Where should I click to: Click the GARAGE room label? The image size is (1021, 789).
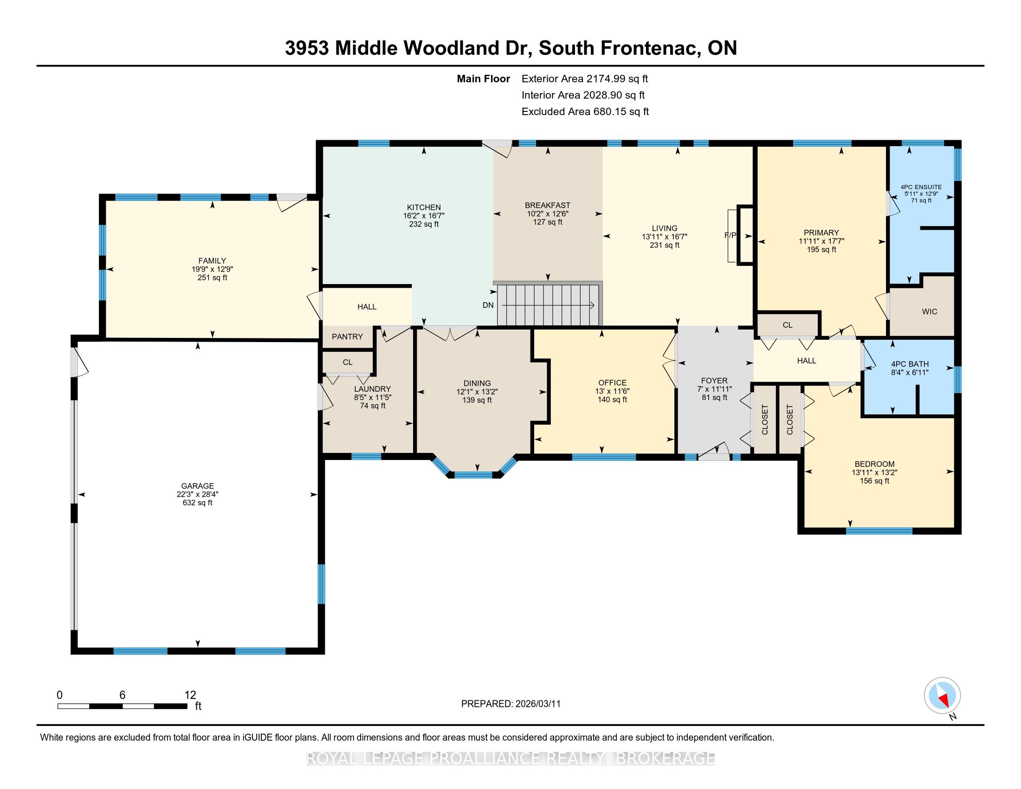(198, 485)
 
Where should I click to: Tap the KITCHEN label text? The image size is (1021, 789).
(424, 207)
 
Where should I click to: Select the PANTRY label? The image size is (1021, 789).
(347, 336)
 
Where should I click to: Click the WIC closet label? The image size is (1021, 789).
(930, 311)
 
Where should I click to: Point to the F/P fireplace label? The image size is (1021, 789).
(730, 235)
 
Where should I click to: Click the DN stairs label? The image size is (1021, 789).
(488, 305)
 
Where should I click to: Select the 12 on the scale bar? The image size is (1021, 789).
(190, 695)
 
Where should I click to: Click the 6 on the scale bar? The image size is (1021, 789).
(122, 695)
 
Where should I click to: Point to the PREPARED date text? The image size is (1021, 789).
(510, 704)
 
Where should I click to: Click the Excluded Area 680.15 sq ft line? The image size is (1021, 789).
(585, 111)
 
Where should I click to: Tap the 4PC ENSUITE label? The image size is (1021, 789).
(921, 187)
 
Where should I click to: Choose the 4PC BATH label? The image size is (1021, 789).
(910, 364)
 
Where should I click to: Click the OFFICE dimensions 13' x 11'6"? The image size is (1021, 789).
(612, 391)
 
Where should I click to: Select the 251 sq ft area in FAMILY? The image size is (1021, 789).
(212, 278)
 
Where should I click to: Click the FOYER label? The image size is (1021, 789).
(714, 381)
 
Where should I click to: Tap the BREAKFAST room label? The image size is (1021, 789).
(548, 205)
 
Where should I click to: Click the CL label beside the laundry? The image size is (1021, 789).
(347, 362)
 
